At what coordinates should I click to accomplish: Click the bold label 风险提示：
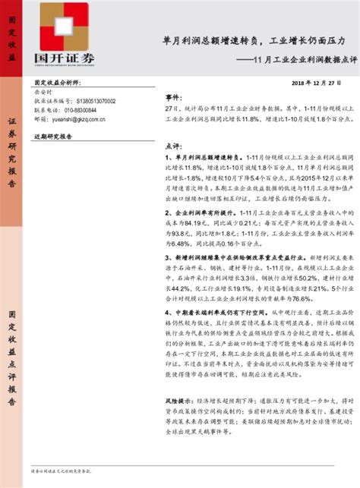180,400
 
